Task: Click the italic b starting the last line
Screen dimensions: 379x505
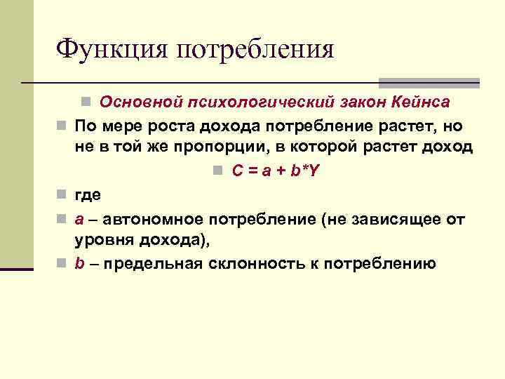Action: click(80, 265)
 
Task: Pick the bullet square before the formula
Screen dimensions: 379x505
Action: click(219, 171)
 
